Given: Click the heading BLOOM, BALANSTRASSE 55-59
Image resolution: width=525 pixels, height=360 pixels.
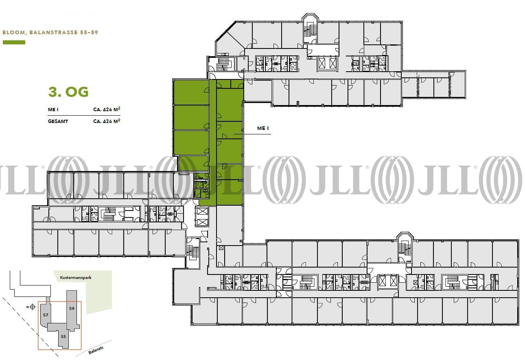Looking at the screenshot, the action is point(50,32).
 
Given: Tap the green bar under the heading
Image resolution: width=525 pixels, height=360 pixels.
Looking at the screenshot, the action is point(14,42).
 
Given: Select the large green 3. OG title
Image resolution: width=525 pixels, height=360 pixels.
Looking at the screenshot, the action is point(68,92).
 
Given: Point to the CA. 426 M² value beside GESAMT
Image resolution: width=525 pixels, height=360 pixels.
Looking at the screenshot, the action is point(107,121).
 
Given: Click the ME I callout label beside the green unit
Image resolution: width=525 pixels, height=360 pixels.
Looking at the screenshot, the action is point(263,128).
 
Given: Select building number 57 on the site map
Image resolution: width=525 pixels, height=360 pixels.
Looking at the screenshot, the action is point(46,315).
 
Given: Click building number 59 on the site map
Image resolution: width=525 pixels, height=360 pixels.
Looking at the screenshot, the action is point(72,308).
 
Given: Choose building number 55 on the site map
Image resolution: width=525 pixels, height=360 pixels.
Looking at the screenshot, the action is point(63,336).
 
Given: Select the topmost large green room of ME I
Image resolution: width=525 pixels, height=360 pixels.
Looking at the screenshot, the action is point(191,92).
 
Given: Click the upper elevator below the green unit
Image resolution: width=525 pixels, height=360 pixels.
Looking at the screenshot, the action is point(202,212).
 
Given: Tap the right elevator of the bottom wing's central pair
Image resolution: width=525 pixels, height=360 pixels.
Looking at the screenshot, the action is point(393,281).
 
